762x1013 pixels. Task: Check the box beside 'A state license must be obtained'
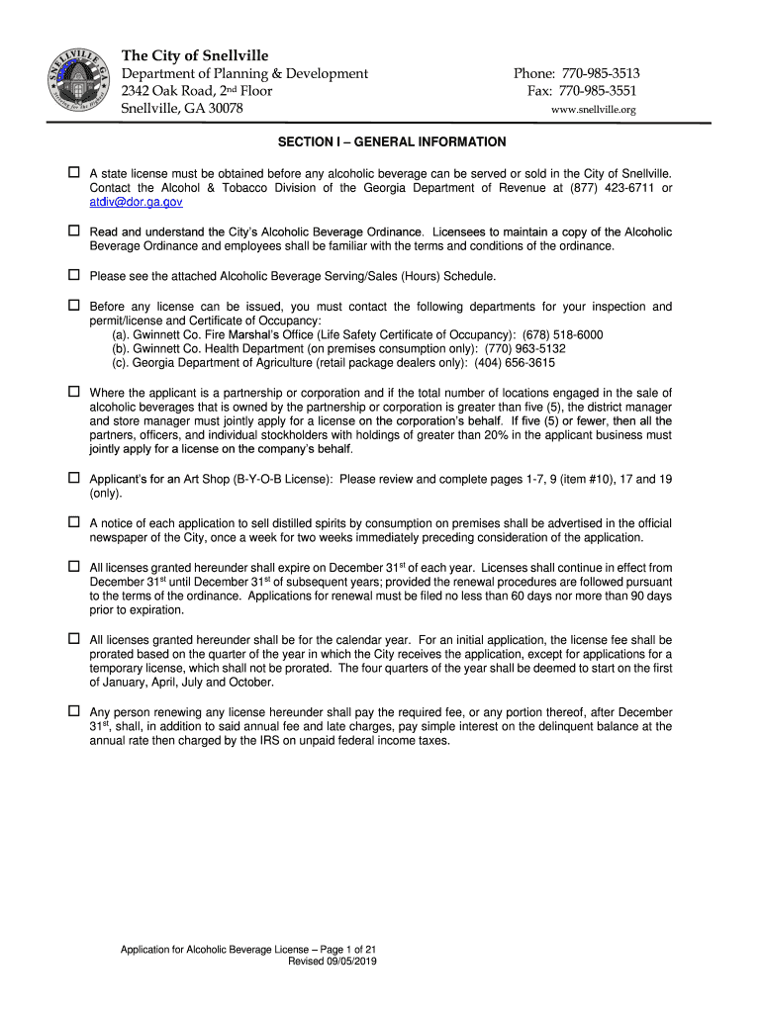tap(73, 172)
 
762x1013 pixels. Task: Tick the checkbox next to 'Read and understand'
tap(73, 230)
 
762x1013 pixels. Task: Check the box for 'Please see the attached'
tap(73, 275)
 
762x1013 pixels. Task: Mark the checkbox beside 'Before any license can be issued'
tap(73, 306)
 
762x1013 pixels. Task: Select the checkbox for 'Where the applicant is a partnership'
tap(73, 392)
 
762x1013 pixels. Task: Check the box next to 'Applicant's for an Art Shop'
tap(73, 478)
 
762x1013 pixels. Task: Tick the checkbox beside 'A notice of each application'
tap(73, 521)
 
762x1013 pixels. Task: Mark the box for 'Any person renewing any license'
tap(73, 711)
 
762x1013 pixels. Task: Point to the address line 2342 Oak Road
tap(196, 91)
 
